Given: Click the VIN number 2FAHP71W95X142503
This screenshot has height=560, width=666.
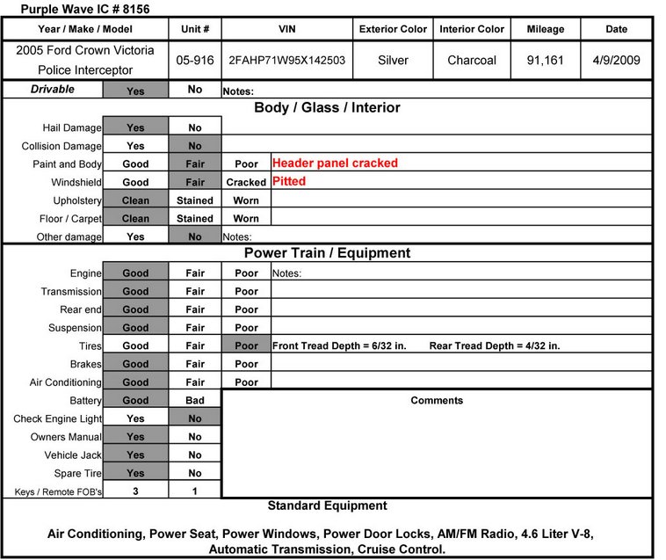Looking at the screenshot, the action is pos(286,61).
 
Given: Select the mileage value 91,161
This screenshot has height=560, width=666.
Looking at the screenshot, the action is pos(545,61).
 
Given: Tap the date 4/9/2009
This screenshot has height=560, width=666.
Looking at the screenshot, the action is pos(616,61).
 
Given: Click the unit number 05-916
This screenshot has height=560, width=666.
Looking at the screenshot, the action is pos(194,61).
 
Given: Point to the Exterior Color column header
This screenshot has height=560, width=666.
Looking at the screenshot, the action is pos(393,29).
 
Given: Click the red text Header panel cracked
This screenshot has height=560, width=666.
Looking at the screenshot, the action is pos(335,163).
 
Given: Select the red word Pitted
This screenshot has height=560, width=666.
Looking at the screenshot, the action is pos(289,181).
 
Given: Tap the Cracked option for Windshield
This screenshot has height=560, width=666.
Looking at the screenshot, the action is pos(246,182).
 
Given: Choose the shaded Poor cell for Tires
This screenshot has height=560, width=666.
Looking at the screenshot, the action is pos(246,345).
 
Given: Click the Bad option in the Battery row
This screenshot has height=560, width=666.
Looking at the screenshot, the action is pos(195,400).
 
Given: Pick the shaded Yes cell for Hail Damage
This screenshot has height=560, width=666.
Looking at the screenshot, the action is pos(135,127).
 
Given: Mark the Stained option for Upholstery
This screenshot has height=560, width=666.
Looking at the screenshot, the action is pos(195,200).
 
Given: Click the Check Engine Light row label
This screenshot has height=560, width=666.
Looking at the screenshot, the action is pos(57,418).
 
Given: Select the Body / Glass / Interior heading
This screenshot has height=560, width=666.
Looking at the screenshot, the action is pos(327,107).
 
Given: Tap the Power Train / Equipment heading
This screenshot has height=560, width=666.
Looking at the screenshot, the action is pos(327,253).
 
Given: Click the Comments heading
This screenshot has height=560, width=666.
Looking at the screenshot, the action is pos(437,400).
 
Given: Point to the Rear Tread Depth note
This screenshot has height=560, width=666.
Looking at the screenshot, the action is pos(495,345).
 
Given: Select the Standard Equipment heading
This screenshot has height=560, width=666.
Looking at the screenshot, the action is pos(327,505).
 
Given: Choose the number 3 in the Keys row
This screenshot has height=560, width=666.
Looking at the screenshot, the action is pos(135,491).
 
